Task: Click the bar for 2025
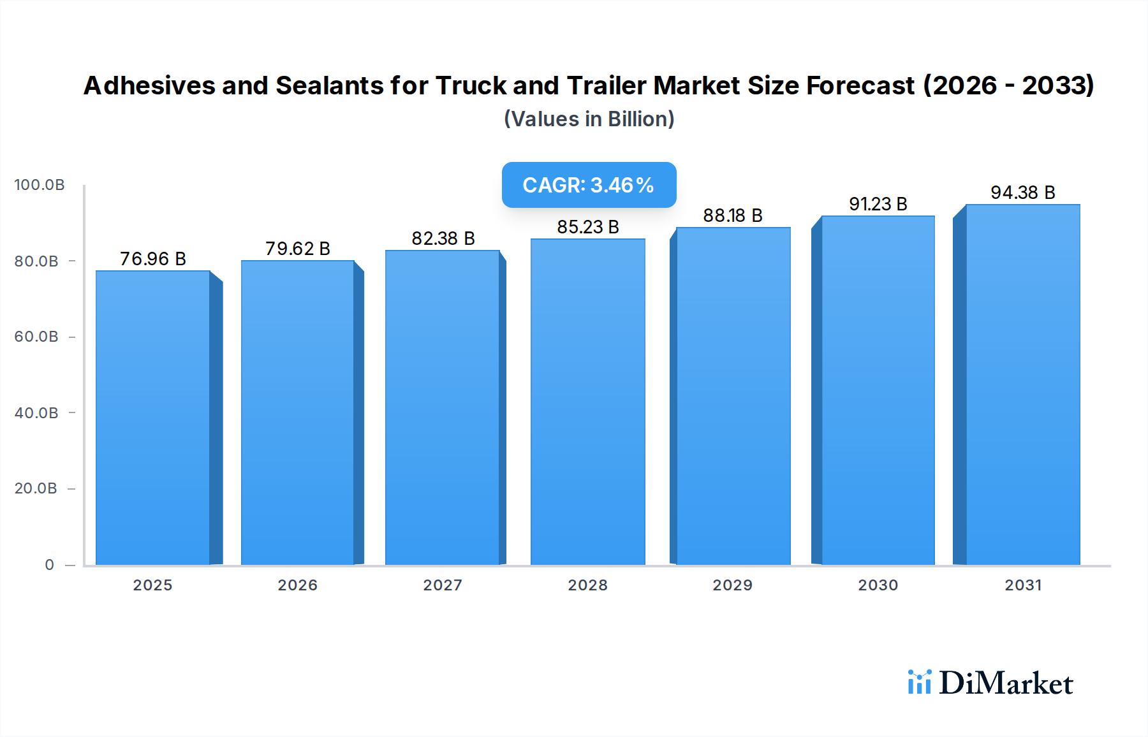coord(153,418)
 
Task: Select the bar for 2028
coord(587,402)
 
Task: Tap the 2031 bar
coord(1022,384)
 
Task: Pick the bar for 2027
coord(442,407)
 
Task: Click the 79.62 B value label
coord(298,249)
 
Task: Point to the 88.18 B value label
coord(733,215)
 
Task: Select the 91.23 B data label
coord(878,204)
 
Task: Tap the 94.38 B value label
coord(1022,193)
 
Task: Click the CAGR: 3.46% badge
coord(589,185)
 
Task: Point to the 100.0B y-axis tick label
coord(40,185)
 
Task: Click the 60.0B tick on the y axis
coord(36,337)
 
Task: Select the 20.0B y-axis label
coord(36,488)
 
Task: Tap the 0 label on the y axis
coord(50,565)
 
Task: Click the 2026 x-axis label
coord(297,585)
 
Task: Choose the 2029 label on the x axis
coord(732,585)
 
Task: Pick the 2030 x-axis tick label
coord(878,585)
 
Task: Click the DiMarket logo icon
coord(919,682)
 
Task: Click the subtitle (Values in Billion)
coord(589,119)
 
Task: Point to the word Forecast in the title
coord(860,85)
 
